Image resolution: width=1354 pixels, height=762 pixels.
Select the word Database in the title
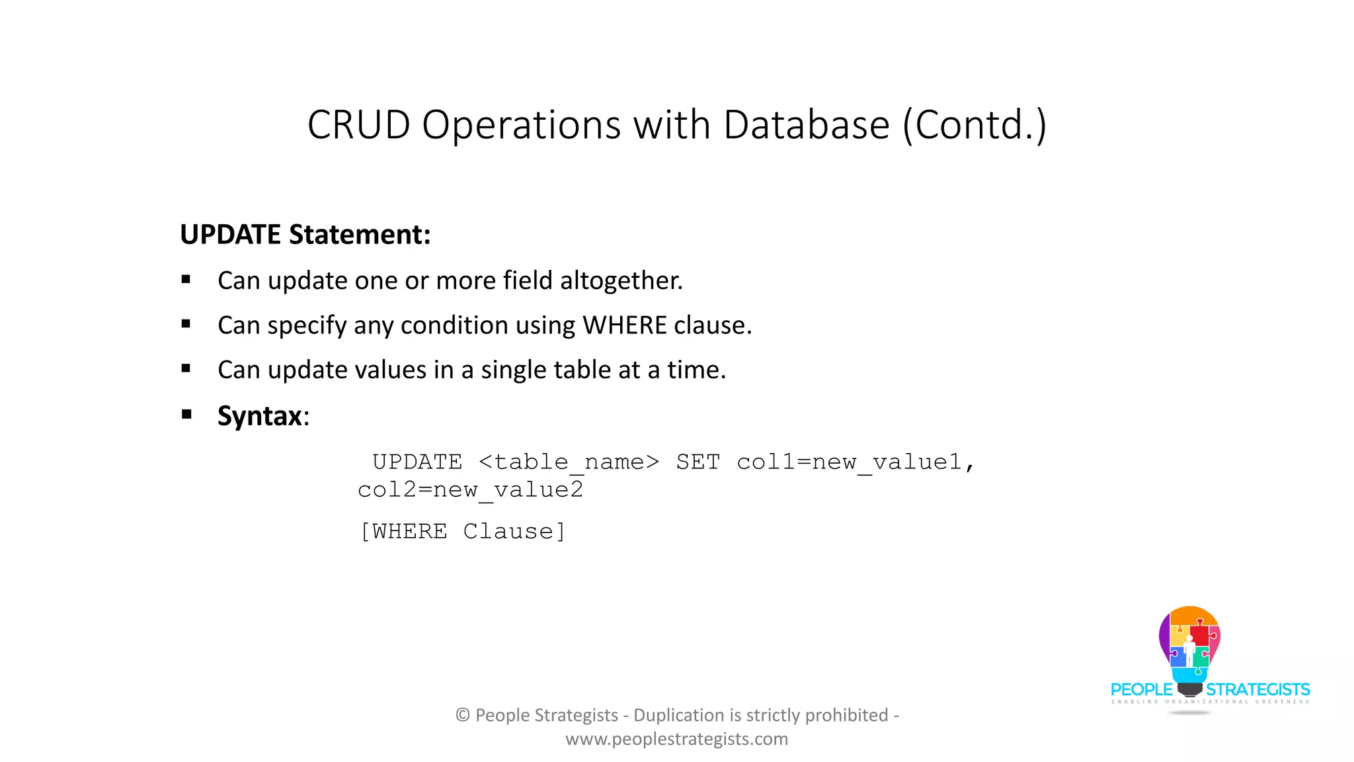tap(806, 124)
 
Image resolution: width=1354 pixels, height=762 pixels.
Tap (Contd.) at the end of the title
tap(975, 124)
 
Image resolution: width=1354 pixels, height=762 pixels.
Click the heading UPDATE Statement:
tap(305, 235)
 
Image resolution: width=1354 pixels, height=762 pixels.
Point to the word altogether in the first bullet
tap(621, 280)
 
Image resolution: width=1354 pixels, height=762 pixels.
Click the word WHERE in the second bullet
tap(625, 325)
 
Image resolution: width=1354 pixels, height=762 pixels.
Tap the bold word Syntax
tap(259, 416)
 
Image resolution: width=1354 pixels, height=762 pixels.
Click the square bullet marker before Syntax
tap(186, 415)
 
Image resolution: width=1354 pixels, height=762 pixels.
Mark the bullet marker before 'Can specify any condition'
tap(186, 324)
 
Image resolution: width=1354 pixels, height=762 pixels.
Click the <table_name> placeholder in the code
tap(569, 462)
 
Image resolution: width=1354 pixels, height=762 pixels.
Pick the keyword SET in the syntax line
tap(697, 462)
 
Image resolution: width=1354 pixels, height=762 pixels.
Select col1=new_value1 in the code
tap(850, 462)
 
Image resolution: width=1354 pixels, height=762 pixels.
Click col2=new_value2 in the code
tap(470, 490)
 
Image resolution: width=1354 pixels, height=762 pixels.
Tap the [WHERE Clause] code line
tap(462, 531)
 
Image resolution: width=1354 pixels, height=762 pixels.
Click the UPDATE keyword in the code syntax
tap(417, 462)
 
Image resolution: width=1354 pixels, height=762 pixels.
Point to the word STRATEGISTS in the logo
tap(1257, 690)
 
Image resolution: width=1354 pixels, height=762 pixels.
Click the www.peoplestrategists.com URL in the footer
tap(676, 739)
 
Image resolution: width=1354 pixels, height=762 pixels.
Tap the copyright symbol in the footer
tap(462, 715)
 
